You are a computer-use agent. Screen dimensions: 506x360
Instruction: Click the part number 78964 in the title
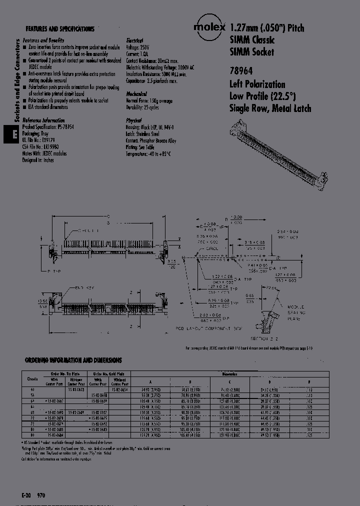[240, 72]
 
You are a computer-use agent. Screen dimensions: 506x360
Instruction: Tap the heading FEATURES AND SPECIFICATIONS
[59, 29]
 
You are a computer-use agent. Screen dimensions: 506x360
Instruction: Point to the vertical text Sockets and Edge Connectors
[17, 82]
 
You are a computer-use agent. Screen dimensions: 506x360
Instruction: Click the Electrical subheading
[134, 40]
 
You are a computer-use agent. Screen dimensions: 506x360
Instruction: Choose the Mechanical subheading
[136, 94]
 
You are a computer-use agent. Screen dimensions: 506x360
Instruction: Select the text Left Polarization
[257, 84]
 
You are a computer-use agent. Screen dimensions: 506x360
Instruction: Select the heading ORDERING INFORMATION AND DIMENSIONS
[73, 360]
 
